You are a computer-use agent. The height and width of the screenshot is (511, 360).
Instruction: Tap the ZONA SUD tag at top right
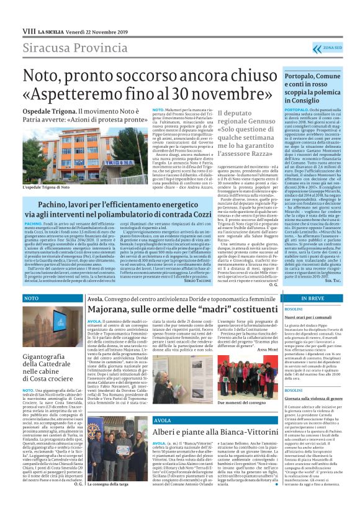(x=336, y=48)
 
